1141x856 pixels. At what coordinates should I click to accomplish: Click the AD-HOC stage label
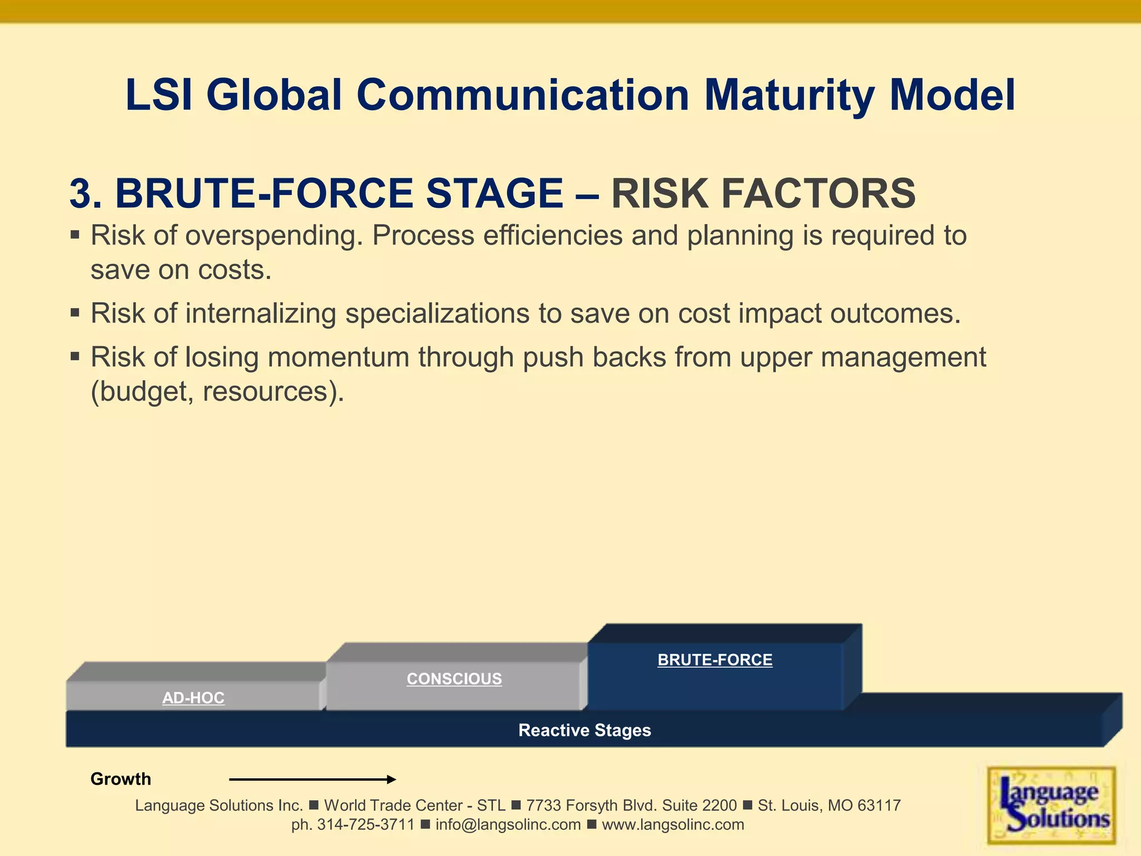193,698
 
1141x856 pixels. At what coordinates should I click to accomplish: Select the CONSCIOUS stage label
454,679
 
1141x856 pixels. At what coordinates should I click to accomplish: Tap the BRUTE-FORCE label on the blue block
715,660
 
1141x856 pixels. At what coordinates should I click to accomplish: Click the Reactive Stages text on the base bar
584,730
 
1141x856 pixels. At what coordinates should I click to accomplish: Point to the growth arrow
313,779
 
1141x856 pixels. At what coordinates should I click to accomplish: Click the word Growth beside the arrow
120,779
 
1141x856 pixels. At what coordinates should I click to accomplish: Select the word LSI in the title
159,95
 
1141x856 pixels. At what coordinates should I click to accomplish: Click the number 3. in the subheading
85,193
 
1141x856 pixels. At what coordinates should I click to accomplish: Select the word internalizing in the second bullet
261,313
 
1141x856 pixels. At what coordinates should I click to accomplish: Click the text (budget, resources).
217,391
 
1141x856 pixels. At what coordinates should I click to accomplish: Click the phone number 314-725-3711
366,825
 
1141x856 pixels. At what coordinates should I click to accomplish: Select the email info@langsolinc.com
508,825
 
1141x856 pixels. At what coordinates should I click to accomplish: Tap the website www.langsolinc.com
673,825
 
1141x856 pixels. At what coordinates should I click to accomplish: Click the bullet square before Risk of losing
75,356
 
